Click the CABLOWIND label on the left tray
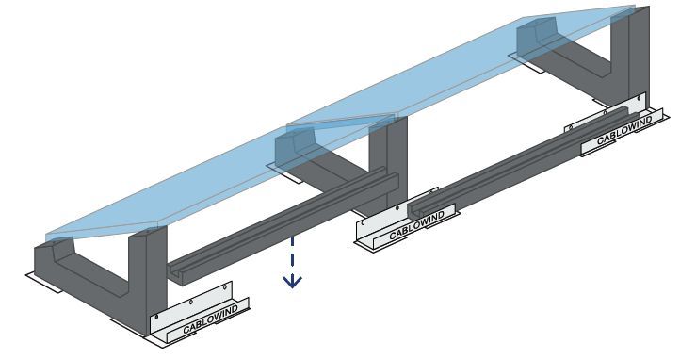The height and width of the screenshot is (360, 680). [x=210, y=319]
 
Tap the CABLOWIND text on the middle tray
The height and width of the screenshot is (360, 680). [x=417, y=225]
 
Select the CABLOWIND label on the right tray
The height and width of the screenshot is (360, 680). [x=624, y=131]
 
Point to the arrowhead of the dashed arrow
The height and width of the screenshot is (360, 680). [x=292, y=282]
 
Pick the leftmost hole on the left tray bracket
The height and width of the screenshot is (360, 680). [x=156, y=318]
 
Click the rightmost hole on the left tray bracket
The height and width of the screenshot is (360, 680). [x=225, y=287]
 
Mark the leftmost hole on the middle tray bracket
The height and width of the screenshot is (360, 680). [x=364, y=223]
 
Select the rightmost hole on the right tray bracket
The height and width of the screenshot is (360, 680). [x=640, y=99]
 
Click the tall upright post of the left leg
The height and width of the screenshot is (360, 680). [x=148, y=278]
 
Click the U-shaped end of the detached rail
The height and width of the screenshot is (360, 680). [x=175, y=271]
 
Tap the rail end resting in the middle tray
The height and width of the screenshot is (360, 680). [x=415, y=208]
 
